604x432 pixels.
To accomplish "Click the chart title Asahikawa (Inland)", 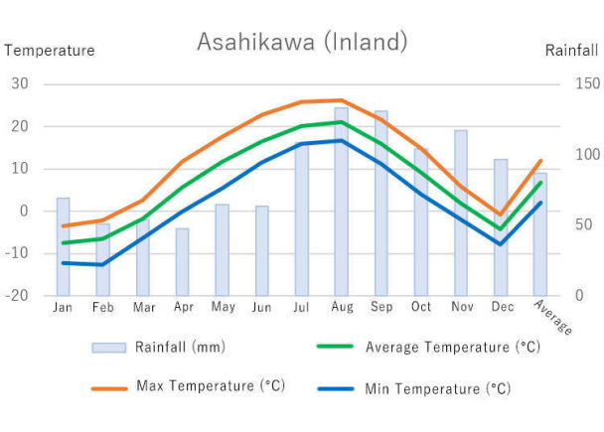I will [x=302, y=42].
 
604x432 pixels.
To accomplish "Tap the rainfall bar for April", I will [x=182, y=262].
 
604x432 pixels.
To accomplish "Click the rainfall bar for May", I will [x=222, y=249].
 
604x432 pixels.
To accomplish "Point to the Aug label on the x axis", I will [x=341, y=308].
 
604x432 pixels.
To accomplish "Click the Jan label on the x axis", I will [x=63, y=308].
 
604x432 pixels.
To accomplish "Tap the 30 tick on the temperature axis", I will [x=20, y=83].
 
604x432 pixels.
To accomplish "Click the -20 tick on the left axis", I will [x=18, y=296].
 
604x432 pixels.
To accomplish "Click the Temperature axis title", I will [x=50, y=50].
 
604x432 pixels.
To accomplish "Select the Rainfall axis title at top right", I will [x=571, y=50].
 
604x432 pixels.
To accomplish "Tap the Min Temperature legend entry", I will [x=437, y=387].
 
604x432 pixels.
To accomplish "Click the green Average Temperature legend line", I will [x=336, y=347].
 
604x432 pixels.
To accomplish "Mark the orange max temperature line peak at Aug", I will [x=341, y=100].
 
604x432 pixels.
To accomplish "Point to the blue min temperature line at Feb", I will [x=102, y=264].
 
